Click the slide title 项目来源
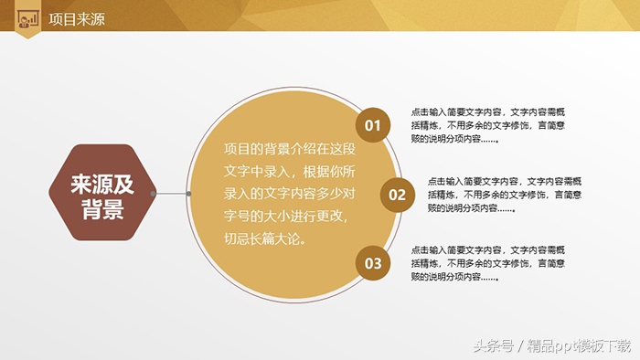point(77,17)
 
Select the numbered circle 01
point(372,125)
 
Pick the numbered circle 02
point(397,194)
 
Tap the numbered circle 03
point(372,263)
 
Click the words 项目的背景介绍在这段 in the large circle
point(291,149)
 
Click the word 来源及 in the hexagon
point(102,185)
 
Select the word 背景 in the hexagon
point(102,210)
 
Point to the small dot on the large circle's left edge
point(188,194)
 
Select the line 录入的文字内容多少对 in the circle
point(291,195)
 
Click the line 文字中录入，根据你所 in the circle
point(291,172)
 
